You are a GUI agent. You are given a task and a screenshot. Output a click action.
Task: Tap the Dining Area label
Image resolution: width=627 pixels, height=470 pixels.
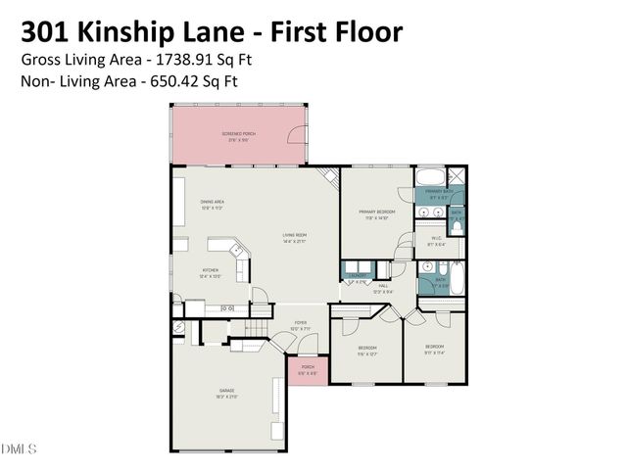point(214,204)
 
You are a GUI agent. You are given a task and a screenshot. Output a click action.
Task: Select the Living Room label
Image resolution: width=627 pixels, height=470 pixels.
point(295,236)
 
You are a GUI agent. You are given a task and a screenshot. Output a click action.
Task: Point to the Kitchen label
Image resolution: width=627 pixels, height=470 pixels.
point(211,271)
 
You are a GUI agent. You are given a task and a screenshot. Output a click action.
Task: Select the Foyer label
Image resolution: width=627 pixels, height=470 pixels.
point(302,324)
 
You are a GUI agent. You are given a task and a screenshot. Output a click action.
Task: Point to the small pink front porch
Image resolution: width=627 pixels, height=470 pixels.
point(307,371)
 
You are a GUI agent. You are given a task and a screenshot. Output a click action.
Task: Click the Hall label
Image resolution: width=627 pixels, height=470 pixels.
point(383,287)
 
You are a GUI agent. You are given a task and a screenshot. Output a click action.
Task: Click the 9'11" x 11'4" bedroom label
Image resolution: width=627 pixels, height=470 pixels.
point(434,349)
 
